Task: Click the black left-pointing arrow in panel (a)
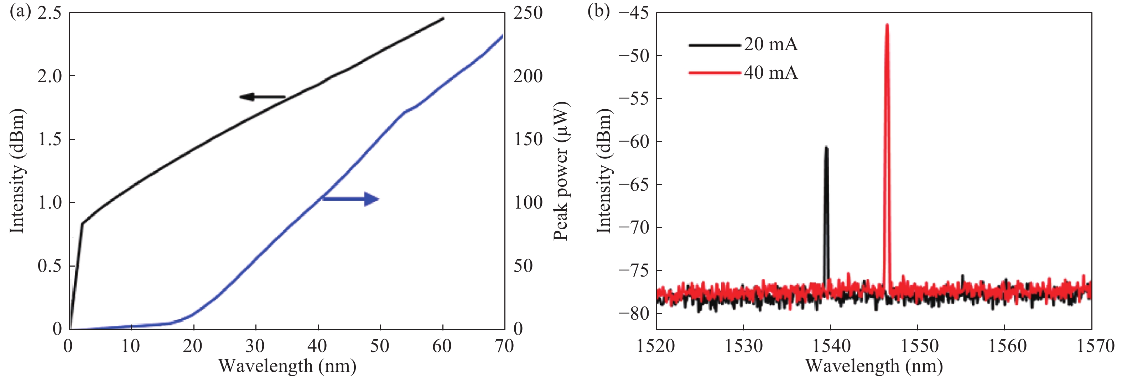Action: pyautogui.click(x=262, y=97)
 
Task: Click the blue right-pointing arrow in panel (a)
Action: pyautogui.click(x=350, y=199)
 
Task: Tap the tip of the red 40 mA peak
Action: pyautogui.click(x=887, y=25)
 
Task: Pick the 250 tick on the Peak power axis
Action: pyautogui.click(x=528, y=13)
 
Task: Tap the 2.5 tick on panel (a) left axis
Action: pyautogui.click(x=50, y=13)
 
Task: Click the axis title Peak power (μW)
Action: pyautogui.click(x=561, y=171)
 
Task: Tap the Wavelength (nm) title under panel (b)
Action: pyautogui.click(x=874, y=366)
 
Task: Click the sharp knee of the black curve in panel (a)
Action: pyautogui.click(x=82, y=224)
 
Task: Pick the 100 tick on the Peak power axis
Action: pyautogui.click(x=528, y=203)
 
